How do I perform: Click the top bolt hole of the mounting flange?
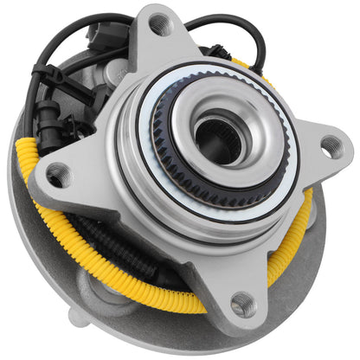click(161, 25)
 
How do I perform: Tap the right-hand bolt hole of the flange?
click(331, 146)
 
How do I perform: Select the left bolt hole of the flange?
click(58, 176)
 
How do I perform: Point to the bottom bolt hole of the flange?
click(243, 304)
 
